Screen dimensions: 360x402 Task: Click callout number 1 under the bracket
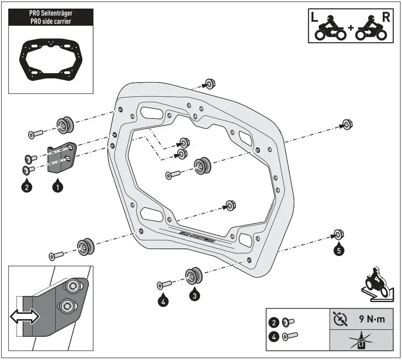point(58,187)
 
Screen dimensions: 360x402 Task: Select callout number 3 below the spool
point(195,294)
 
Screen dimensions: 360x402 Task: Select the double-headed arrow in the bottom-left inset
point(25,316)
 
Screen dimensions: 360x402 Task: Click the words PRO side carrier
point(51,21)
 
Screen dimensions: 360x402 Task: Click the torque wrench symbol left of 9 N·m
point(340,319)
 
